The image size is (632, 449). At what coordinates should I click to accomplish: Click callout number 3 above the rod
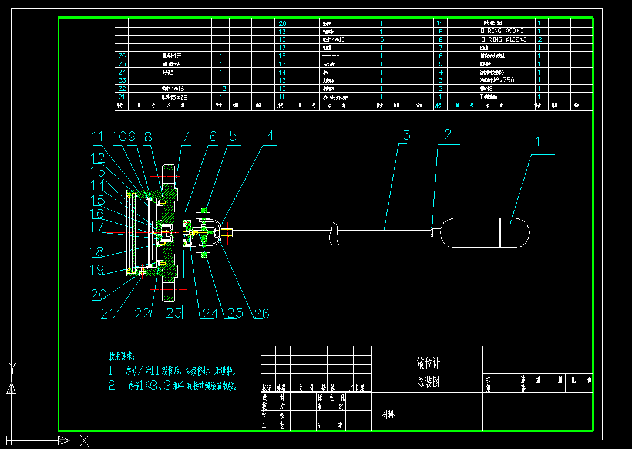[x=407, y=135]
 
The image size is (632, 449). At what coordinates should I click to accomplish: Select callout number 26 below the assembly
[x=261, y=313]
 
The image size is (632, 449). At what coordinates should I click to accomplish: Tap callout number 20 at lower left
[x=99, y=293]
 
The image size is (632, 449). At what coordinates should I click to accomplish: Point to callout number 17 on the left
[x=97, y=225]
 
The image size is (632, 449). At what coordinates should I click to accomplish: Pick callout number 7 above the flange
[x=186, y=136]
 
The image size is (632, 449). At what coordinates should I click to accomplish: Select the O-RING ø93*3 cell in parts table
[x=503, y=31]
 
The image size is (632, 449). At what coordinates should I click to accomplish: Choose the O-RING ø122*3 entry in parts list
[x=503, y=39]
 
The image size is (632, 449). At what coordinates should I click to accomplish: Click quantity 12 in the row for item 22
[x=223, y=89]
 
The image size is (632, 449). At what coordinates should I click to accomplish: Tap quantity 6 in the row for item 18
[x=382, y=39]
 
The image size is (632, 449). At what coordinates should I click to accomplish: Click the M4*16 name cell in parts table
[x=174, y=89]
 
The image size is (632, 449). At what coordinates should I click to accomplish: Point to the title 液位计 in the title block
[x=427, y=363]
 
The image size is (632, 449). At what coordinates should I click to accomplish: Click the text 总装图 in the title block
[x=428, y=382]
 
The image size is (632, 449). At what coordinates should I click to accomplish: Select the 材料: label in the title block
[x=389, y=415]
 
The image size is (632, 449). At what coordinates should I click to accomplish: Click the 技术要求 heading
[x=122, y=356]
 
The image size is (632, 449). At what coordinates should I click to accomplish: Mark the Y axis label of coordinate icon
[x=11, y=368]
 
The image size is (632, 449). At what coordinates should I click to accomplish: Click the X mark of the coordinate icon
[x=85, y=440]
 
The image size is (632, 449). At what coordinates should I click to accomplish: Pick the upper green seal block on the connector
[x=204, y=210]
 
